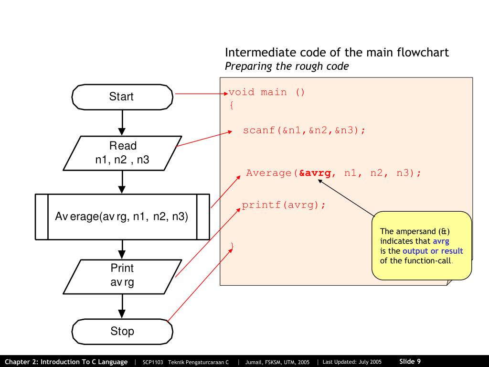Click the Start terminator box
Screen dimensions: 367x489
(122, 97)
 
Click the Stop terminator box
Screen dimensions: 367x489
(122, 331)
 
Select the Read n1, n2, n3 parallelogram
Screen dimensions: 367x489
(122, 153)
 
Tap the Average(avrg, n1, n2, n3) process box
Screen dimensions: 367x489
(122, 216)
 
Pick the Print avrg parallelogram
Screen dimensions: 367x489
(122, 276)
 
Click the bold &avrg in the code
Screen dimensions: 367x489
(315, 173)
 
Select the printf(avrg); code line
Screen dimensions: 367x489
(284, 205)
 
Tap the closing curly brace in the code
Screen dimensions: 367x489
(232, 246)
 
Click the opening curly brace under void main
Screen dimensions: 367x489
(232, 105)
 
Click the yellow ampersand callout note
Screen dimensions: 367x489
(421, 245)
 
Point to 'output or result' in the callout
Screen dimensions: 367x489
(433, 251)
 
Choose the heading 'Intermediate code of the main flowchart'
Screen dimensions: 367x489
(337, 53)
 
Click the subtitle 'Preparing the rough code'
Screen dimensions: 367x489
(287, 66)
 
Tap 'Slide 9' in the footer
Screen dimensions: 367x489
(410, 361)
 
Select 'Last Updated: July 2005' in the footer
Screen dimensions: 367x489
(352, 362)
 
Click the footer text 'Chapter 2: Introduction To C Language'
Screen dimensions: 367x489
(66, 362)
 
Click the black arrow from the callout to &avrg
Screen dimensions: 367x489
(346, 196)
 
